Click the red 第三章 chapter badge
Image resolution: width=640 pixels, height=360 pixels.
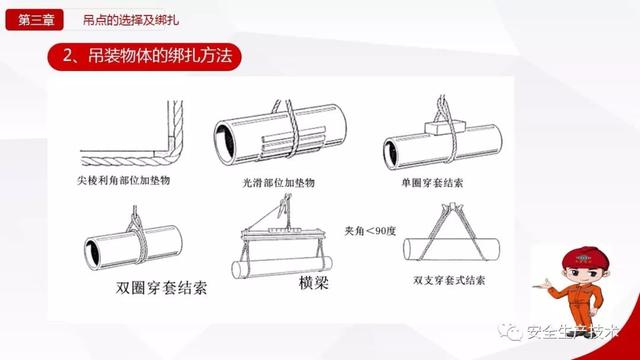click(34, 20)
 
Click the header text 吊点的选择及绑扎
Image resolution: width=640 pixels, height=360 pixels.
click(131, 20)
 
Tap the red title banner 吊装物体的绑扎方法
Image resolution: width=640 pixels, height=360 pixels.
click(144, 57)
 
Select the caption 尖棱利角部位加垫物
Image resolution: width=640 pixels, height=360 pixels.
click(124, 180)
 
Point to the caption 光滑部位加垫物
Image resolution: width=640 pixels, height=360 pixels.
click(279, 182)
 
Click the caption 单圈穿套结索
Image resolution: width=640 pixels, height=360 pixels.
click(432, 182)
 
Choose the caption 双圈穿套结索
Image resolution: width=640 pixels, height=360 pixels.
click(161, 287)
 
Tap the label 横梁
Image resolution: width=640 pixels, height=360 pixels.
click(313, 282)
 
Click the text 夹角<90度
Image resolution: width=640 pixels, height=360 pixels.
click(370, 231)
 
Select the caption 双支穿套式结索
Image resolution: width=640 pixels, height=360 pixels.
click(449, 280)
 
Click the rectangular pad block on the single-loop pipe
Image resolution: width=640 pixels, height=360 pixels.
click(444, 127)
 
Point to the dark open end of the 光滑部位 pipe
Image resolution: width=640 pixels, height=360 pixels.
click(225, 142)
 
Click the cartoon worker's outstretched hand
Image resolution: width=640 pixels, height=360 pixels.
click(542, 284)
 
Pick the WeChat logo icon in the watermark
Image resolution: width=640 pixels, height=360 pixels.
click(509, 331)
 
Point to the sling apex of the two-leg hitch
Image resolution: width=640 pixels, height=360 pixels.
click(452, 207)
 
